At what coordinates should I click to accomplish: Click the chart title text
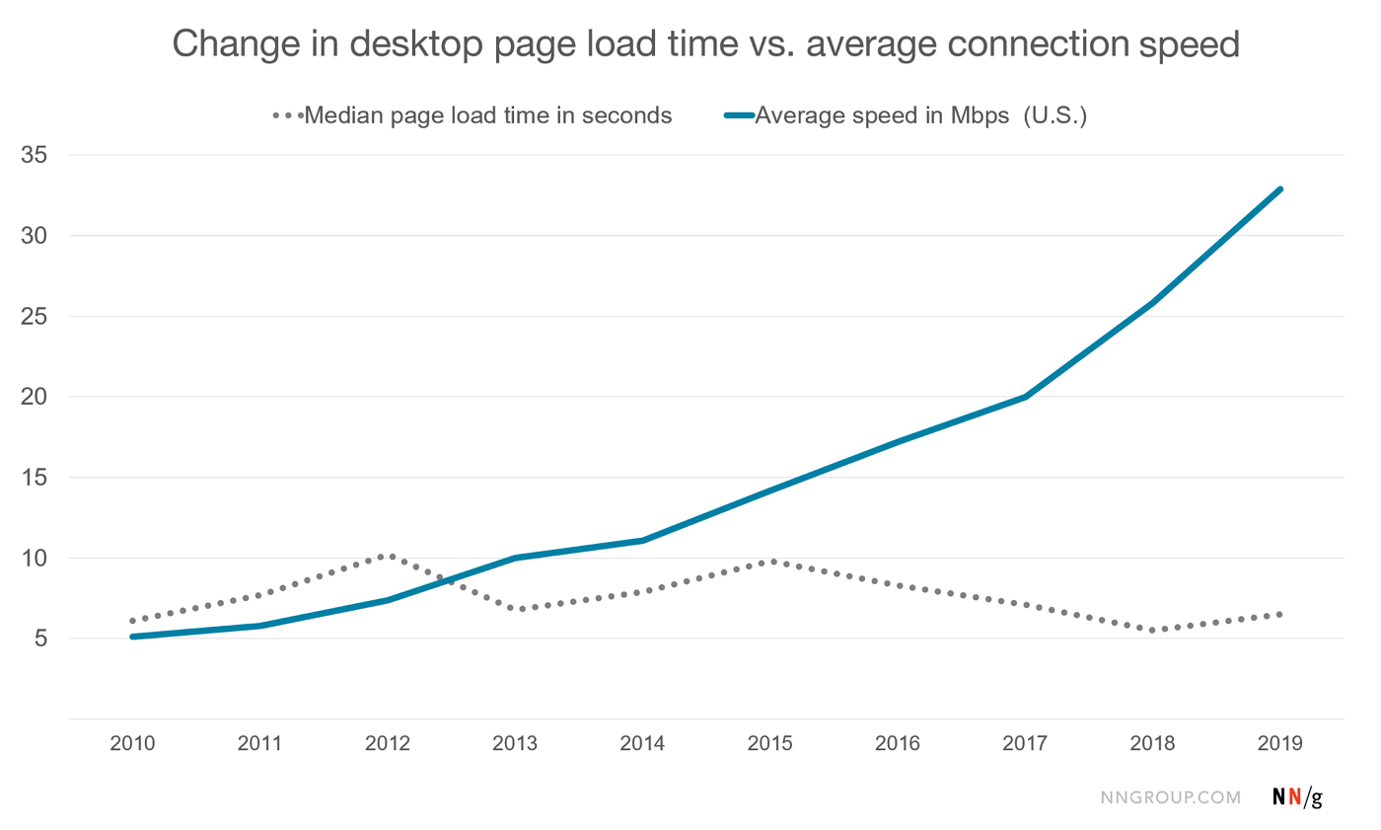pyautogui.click(x=705, y=44)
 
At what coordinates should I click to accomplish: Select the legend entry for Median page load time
pyautogui.click(x=488, y=115)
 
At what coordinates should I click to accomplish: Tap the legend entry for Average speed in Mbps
pyautogui.click(x=919, y=115)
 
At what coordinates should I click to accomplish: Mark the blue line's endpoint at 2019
pyautogui.click(x=1280, y=189)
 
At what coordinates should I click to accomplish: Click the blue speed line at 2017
pyautogui.click(x=1026, y=397)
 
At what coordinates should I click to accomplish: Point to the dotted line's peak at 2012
pyautogui.click(x=388, y=556)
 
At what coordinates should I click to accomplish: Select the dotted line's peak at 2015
pyautogui.click(x=771, y=561)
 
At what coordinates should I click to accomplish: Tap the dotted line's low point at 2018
pyautogui.click(x=1153, y=630)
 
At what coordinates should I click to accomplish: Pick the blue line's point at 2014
pyautogui.click(x=643, y=540)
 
